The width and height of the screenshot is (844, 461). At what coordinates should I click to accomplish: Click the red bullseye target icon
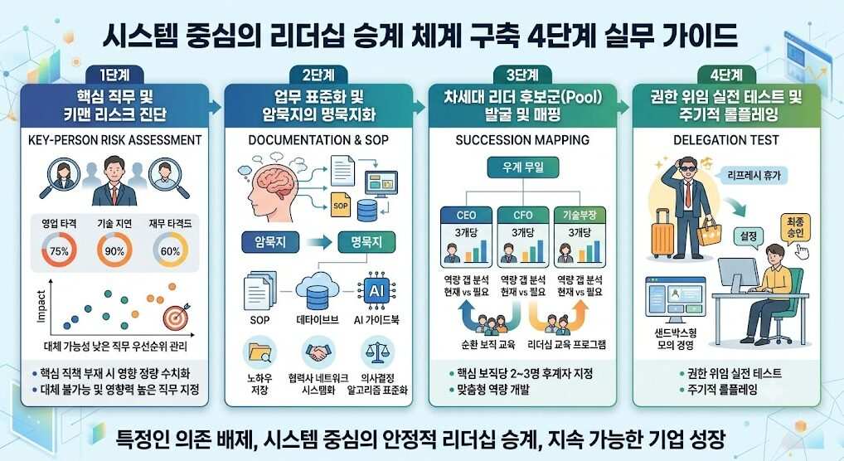176,317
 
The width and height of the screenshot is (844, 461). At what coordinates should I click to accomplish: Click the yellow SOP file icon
340,204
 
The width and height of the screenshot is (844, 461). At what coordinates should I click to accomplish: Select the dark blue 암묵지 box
270,242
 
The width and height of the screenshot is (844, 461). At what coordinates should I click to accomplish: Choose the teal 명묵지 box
366,242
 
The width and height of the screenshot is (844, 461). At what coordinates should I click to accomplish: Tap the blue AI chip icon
376,291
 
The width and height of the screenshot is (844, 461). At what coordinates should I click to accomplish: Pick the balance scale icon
377,352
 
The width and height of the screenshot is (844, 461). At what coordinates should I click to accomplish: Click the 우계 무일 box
522,167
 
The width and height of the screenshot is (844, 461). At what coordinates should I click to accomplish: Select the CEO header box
466,215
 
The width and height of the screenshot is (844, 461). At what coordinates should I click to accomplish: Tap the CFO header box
522,215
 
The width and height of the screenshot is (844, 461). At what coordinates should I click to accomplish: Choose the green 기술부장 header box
580,215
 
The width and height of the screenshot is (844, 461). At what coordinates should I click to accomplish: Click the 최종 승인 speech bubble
795,228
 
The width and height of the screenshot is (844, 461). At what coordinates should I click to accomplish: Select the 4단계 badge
726,75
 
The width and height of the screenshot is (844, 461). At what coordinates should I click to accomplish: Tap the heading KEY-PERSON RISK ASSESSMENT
114,140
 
